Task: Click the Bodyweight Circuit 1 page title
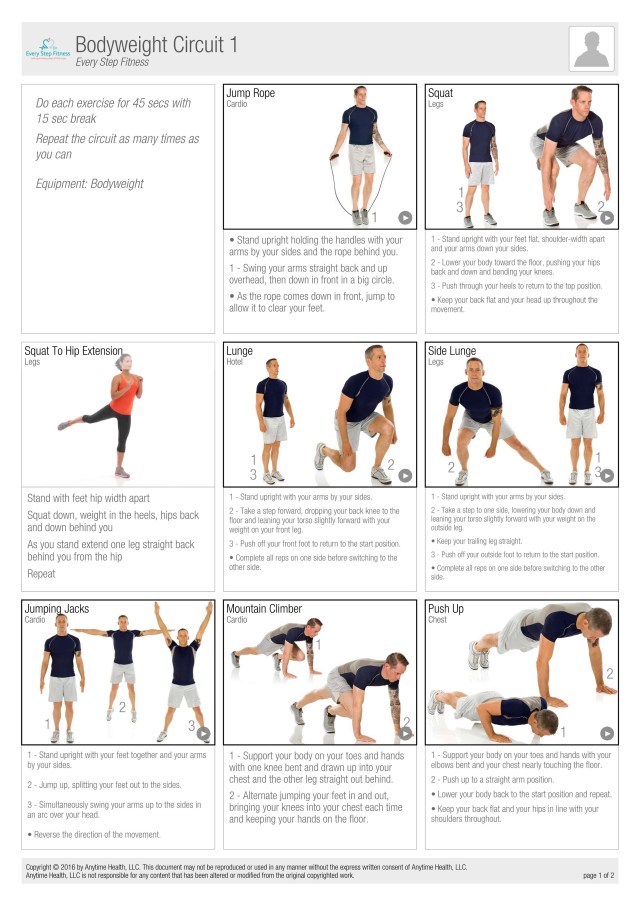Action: click(156, 44)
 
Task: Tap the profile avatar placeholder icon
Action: click(592, 49)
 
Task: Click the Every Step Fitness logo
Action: click(48, 49)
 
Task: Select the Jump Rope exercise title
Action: click(250, 93)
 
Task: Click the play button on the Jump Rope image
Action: click(405, 218)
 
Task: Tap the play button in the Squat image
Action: click(607, 218)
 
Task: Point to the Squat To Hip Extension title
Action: click(73, 351)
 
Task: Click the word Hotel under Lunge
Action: click(234, 362)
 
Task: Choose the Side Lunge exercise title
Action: click(452, 351)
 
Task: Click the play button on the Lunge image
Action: click(405, 475)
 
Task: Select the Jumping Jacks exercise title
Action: click(57, 609)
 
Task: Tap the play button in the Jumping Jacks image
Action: click(203, 733)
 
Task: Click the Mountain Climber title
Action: click(264, 608)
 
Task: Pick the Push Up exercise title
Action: click(446, 609)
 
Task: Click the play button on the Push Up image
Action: click(607, 733)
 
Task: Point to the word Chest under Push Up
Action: click(437, 620)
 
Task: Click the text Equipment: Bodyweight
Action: click(89, 184)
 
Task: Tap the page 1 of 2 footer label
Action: click(598, 876)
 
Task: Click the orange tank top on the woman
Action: click(123, 395)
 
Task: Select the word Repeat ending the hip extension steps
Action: click(41, 574)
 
